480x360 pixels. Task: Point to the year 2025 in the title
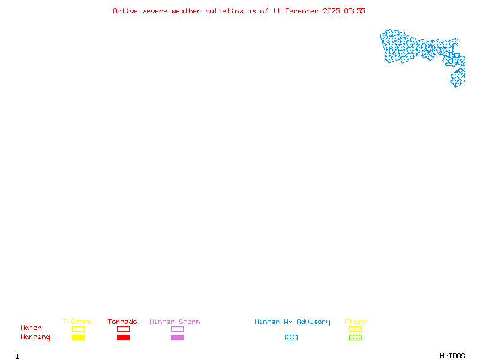click(331, 11)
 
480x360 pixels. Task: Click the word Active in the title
click(125, 11)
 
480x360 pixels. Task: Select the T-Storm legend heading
click(77, 322)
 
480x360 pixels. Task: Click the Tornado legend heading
click(122, 322)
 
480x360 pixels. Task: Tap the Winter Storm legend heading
click(175, 322)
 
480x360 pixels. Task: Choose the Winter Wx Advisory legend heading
click(292, 322)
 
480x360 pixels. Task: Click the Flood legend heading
click(355, 322)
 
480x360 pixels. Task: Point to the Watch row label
click(31, 328)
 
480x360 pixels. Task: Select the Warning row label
click(35, 337)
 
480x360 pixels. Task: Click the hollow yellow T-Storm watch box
click(78, 329)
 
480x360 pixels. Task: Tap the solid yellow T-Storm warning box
click(78, 337)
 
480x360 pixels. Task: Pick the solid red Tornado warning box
click(123, 337)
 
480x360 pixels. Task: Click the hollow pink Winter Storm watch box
click(177, 329)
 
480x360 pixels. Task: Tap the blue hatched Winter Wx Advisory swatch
click(291, 337)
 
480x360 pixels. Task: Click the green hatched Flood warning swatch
click(355, 337)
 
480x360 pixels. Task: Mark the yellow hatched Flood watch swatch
click(355, 329)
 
